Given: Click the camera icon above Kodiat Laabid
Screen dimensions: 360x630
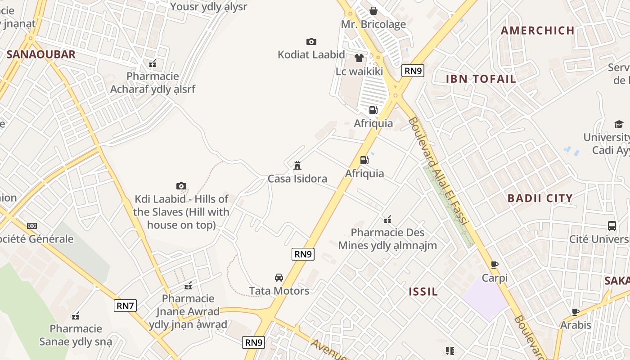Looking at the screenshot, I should pyautogui.click(x=311, y=42).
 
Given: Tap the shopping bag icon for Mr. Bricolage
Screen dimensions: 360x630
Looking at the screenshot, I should pyautogui.click(x=373, y=11).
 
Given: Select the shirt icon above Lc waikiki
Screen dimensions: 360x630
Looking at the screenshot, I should pyautogui.click(x=359, y=58).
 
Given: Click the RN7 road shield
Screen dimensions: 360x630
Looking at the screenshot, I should pyautogui.click(x=125, y=306).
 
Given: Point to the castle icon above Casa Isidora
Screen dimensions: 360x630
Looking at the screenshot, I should pyautogui.click(x=297, y=166).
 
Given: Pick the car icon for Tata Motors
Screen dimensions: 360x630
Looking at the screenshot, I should pyautogui.click(x=279, y=278).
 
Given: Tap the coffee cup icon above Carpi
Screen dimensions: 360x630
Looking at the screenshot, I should pyautogui.click(x=495, y=265).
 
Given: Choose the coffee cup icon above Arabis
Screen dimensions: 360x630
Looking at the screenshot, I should pyautogui.click(x=575, y=312).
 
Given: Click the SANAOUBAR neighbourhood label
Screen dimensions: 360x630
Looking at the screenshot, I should pyautogui.click(x=41, y=55).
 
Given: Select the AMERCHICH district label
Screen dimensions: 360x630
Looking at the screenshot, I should pyautogui.click(x=537, y=31).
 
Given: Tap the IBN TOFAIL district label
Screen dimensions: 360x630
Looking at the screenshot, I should pyautogui.click(x=481, y=79).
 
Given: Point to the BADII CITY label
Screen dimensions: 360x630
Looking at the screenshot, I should pyautogui.click(x=540, y=198).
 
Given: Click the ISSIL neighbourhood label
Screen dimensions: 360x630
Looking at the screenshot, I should pyautogui.click(x=423, y=292).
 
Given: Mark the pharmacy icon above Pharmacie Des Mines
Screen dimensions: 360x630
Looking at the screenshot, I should pyautogui.click(x=387, y=220).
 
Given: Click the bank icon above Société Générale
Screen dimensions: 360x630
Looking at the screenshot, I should pyautogui.click(x=32, y=226).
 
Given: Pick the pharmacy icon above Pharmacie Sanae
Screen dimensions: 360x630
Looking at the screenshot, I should pyautogui.click(x=76, y=316).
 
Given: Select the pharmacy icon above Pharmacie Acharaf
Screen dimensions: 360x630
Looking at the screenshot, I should pyautogui.click(x=153, y=63).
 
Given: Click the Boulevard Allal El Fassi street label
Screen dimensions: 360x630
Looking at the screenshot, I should pyautogui.click(x=439, y=171).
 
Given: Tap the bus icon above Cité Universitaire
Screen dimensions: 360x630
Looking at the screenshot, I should pyautogui.click(x=612, y=226).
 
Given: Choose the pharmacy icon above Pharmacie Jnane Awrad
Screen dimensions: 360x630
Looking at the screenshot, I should pyautogui.click(x=188, y=286).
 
